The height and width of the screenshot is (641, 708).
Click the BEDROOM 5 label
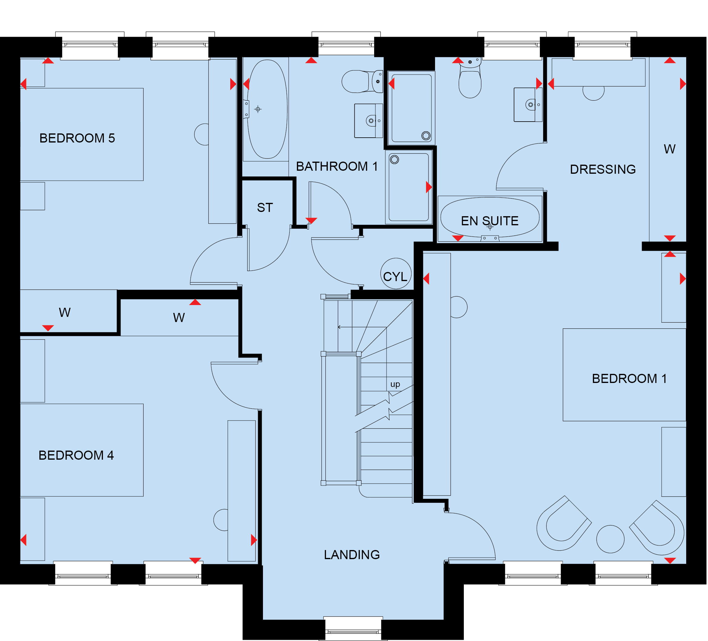[77, 138]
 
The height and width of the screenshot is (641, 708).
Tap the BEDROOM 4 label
[76, 455]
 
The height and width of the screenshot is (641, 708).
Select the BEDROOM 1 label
[629, 378]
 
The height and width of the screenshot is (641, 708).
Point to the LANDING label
[352, 555]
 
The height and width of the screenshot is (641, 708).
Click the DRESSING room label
[603, 169]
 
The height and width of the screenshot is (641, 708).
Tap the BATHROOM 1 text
[337, 166]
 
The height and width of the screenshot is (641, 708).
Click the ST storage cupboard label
[265, 208]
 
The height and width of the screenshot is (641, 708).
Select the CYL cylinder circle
[396, 274]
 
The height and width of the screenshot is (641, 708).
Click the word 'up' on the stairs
[395, 384]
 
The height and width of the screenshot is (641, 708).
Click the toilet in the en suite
[470, 78]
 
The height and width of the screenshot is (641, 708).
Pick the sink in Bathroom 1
[368, 121]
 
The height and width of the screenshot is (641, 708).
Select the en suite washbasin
[528, 105]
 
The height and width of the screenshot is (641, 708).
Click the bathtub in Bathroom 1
[267, 109]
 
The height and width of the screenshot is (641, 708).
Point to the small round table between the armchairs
[610, 539]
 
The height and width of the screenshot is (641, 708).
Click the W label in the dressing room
[669, 149]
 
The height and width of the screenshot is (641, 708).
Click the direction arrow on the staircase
[362, 327]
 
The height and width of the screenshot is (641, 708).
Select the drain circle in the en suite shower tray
[426, 136]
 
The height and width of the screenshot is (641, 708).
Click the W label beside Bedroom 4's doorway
[179, 318]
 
